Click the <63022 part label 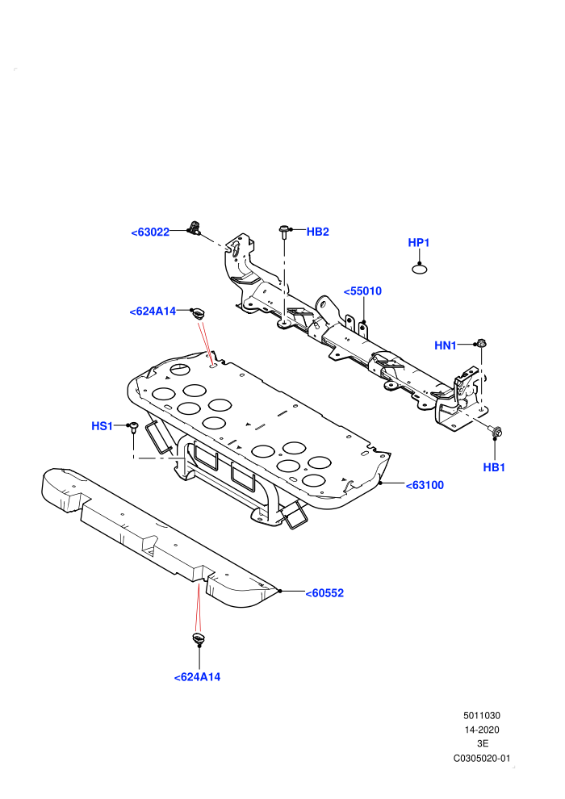click(x=150, y=232)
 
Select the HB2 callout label click(x=317, y=232)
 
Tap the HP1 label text click(x=419, y=243)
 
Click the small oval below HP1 click(x=419, y=269)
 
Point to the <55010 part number click(x=362, y=291)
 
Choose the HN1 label click(x=446, y=345)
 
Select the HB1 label click(x=494, y=467)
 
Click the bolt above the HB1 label click(x=496, y=432)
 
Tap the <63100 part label click(x=425, y=485)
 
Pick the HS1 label click(x=102, y=426)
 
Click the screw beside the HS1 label click(x=133, y=427)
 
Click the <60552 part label click(x=324, y=593)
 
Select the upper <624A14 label click(x=153, y=312)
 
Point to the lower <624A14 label click(x=197, y=677)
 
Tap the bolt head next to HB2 click(x=284, y=230)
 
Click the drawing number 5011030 click(x=481, y=715)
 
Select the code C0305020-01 click(x=481, y=758)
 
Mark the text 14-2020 click(x=481, y=730)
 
